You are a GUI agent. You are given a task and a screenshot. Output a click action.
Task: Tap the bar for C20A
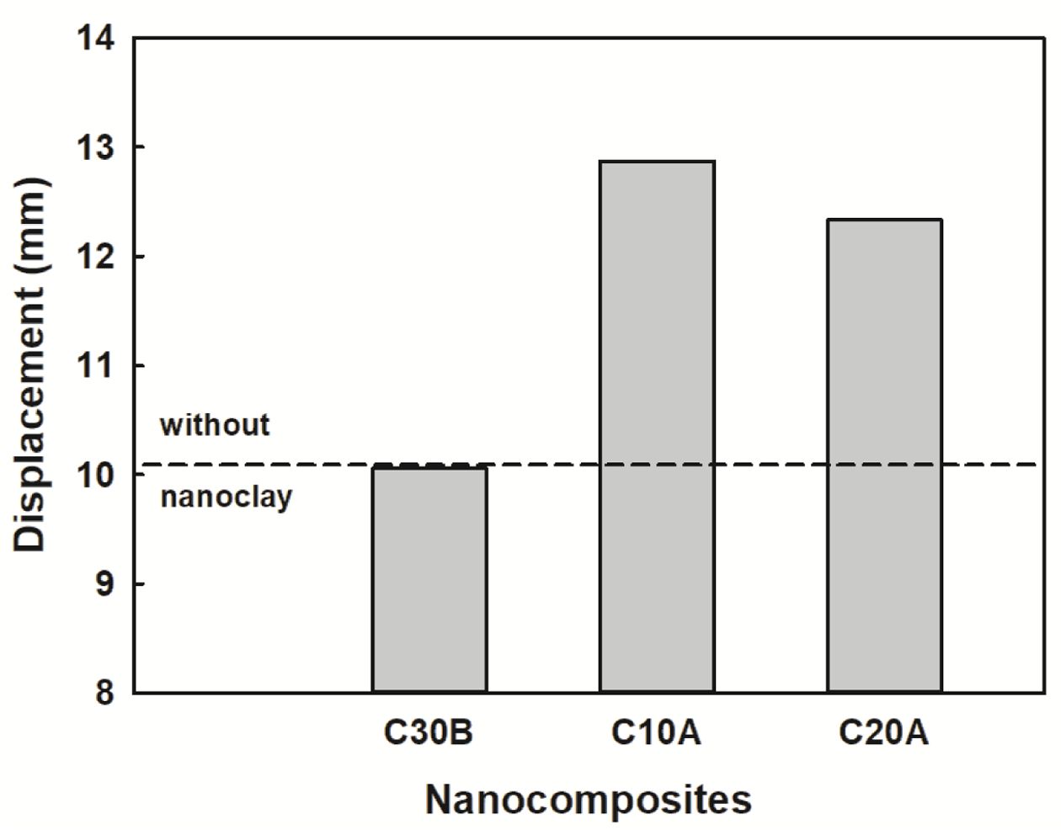(884, 455)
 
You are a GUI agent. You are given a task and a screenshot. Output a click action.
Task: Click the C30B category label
(429, 733)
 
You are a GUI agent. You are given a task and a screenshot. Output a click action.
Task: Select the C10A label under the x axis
(656, 733)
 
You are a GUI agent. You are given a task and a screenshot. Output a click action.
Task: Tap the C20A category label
(883, 733)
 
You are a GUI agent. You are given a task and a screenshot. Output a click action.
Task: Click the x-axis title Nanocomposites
(588, 800)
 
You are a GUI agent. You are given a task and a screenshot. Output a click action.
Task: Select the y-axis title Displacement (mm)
(31, 364)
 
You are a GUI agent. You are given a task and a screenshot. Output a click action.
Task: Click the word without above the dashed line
(215, 425)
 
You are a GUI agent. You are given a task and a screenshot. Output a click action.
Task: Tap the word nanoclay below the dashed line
(226, 497)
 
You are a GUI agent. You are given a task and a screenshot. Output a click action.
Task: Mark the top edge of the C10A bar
(657, 162)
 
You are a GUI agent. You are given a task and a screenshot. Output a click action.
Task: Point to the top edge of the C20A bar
(884, 220)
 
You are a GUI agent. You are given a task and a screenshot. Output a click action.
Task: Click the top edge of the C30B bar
(429, 468)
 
